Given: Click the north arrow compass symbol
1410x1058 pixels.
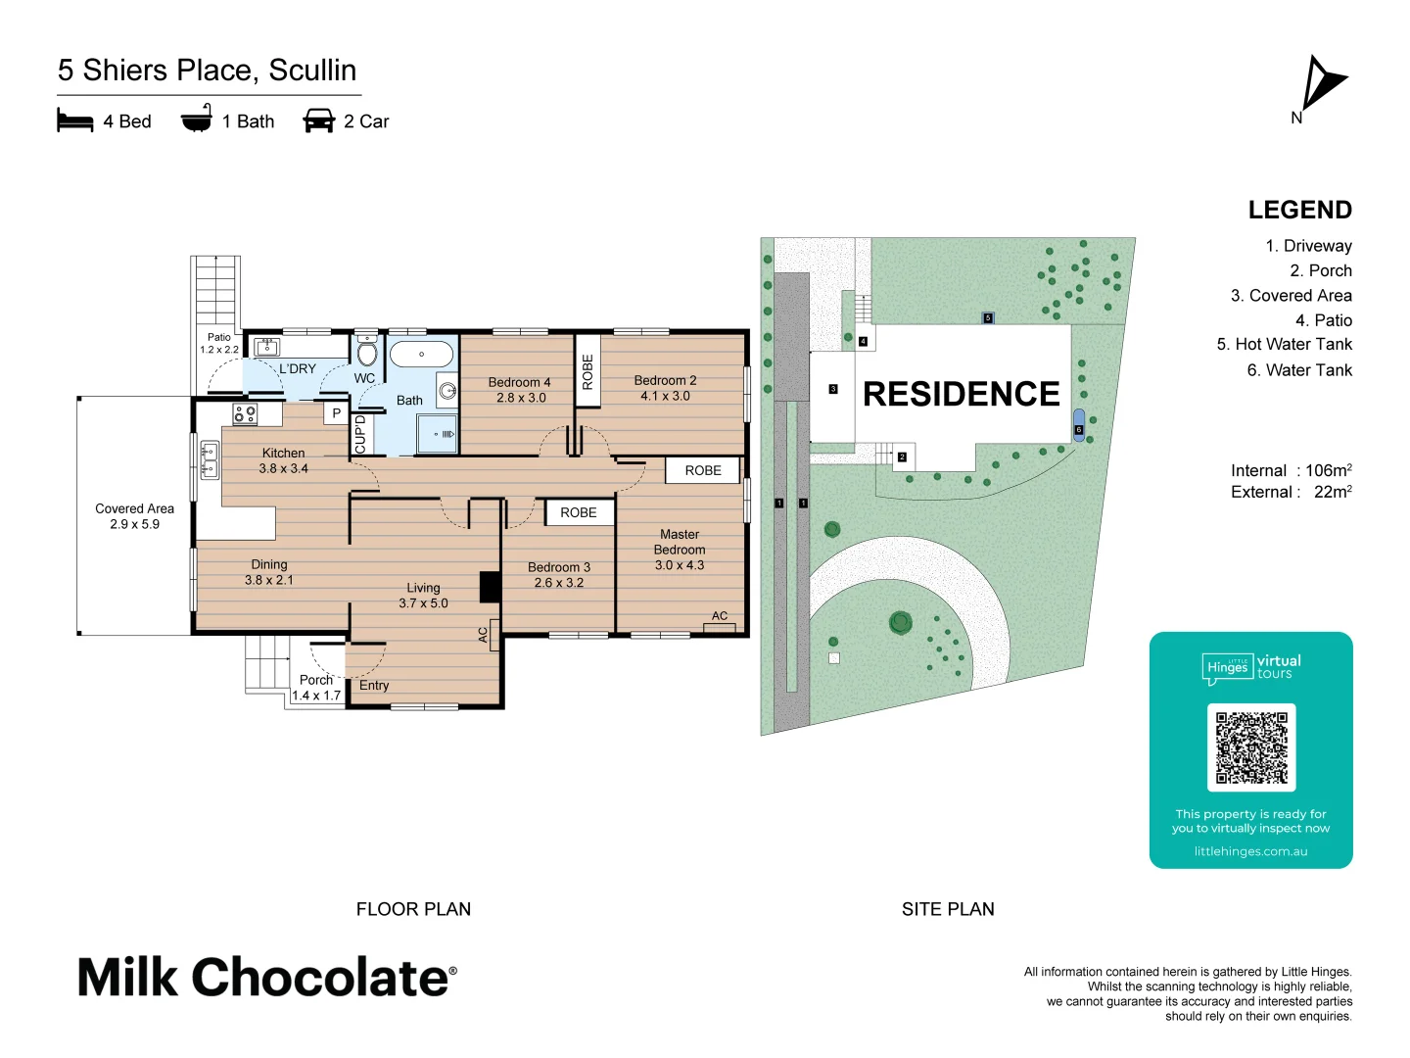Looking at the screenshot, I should pyautogui.click(x=1322, y=85).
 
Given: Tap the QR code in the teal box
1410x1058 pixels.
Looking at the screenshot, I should pyautogui.click(x=1251, y=747).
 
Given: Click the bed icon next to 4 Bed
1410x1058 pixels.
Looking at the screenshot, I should pyautogui.click(x=75, y=121).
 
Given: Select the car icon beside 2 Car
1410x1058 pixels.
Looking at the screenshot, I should pyautogui.click(x=319, y=121).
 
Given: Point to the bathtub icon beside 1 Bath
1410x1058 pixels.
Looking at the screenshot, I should pyautogui.click(x=197, y=120).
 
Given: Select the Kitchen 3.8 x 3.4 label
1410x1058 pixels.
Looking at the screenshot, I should pyautogui.click(x=283, y=460).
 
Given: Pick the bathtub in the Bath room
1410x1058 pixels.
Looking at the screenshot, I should pyautogui.click(x=422, y=354).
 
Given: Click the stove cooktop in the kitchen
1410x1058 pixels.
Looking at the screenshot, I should pyautogui.click(x=245, y=414).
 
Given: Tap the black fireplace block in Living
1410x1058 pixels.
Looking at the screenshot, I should pyautogui.click(x=490, y=587).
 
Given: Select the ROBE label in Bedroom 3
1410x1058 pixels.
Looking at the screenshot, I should pyautogui.click(x=579, y=512).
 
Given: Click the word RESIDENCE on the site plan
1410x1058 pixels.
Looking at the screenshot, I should pyautogui.click(x=961, y=394).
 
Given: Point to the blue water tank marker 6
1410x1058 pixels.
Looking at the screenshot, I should pyautogui.click(x=1079, y=426).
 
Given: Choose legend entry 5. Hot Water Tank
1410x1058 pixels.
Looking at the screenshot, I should pyautogui.click(x=1284, y=344).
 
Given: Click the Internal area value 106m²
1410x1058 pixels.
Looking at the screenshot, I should pyautogui.click(x=1328, y=470).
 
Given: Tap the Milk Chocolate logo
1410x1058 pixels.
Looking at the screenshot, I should pyautogui.click(x=266, y=978).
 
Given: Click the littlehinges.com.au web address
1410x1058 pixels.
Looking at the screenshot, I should pyautogui.click(x=1250, y=851).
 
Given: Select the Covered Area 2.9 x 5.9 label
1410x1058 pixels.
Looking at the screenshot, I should pyautogui.click(x=134, y=516).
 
